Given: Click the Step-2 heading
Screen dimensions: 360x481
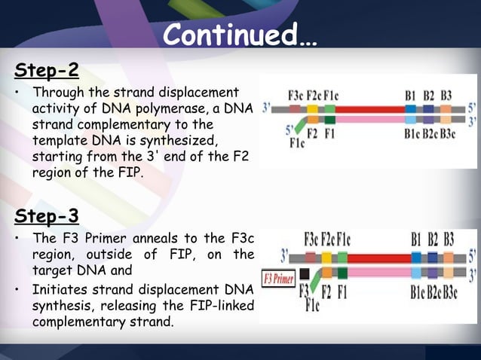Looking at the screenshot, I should point(47,71).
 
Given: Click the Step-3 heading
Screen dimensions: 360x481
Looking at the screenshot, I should point(47,217).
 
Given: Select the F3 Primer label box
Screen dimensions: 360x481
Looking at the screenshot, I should point(277,278).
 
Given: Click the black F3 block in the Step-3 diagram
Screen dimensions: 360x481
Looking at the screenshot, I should point(304,273).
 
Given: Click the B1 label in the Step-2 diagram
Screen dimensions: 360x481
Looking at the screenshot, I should point(411,96).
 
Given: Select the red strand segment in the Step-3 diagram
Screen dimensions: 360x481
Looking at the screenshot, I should point(377,258).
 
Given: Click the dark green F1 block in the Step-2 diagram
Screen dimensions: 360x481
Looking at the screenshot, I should point(329,120).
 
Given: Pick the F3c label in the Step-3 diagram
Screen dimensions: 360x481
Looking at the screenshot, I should point(311,239).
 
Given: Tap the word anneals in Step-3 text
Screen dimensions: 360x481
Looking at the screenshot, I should point(141,239).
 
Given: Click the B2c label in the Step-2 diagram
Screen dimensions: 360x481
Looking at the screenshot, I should point(428,134).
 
